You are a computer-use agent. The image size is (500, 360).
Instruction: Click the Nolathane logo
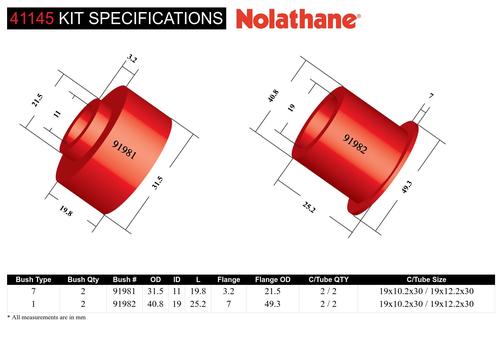[298, 19]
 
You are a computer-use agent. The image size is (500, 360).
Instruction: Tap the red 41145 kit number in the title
[32, 18]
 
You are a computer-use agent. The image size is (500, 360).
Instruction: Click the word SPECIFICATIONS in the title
[156, 18]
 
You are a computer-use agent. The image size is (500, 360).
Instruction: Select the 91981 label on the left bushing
[124, 149]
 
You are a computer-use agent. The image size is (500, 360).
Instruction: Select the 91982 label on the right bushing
[356, 144]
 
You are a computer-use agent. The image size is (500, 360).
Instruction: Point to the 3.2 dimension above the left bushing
[132, 59]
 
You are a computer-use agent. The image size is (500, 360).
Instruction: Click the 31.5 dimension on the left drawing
[158, 183]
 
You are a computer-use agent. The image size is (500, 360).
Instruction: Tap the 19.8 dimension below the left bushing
[66, 211]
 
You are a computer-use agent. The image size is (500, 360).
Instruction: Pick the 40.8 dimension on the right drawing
[273, 96]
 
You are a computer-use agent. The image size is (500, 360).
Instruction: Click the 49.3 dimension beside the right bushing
[407, 187]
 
